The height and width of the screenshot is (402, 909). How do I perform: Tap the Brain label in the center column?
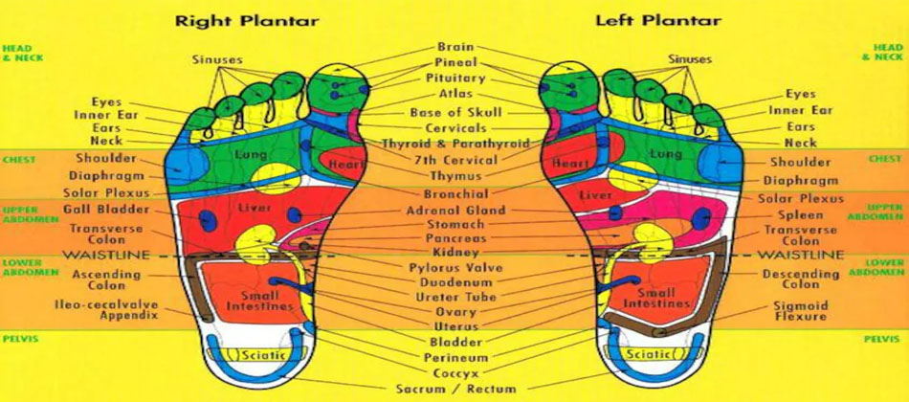[454, 47]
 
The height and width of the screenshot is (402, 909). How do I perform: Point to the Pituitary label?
[454, 78]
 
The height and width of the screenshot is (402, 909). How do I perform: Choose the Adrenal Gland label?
[454, 210]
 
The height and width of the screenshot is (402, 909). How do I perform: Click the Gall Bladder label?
[106, 210]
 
